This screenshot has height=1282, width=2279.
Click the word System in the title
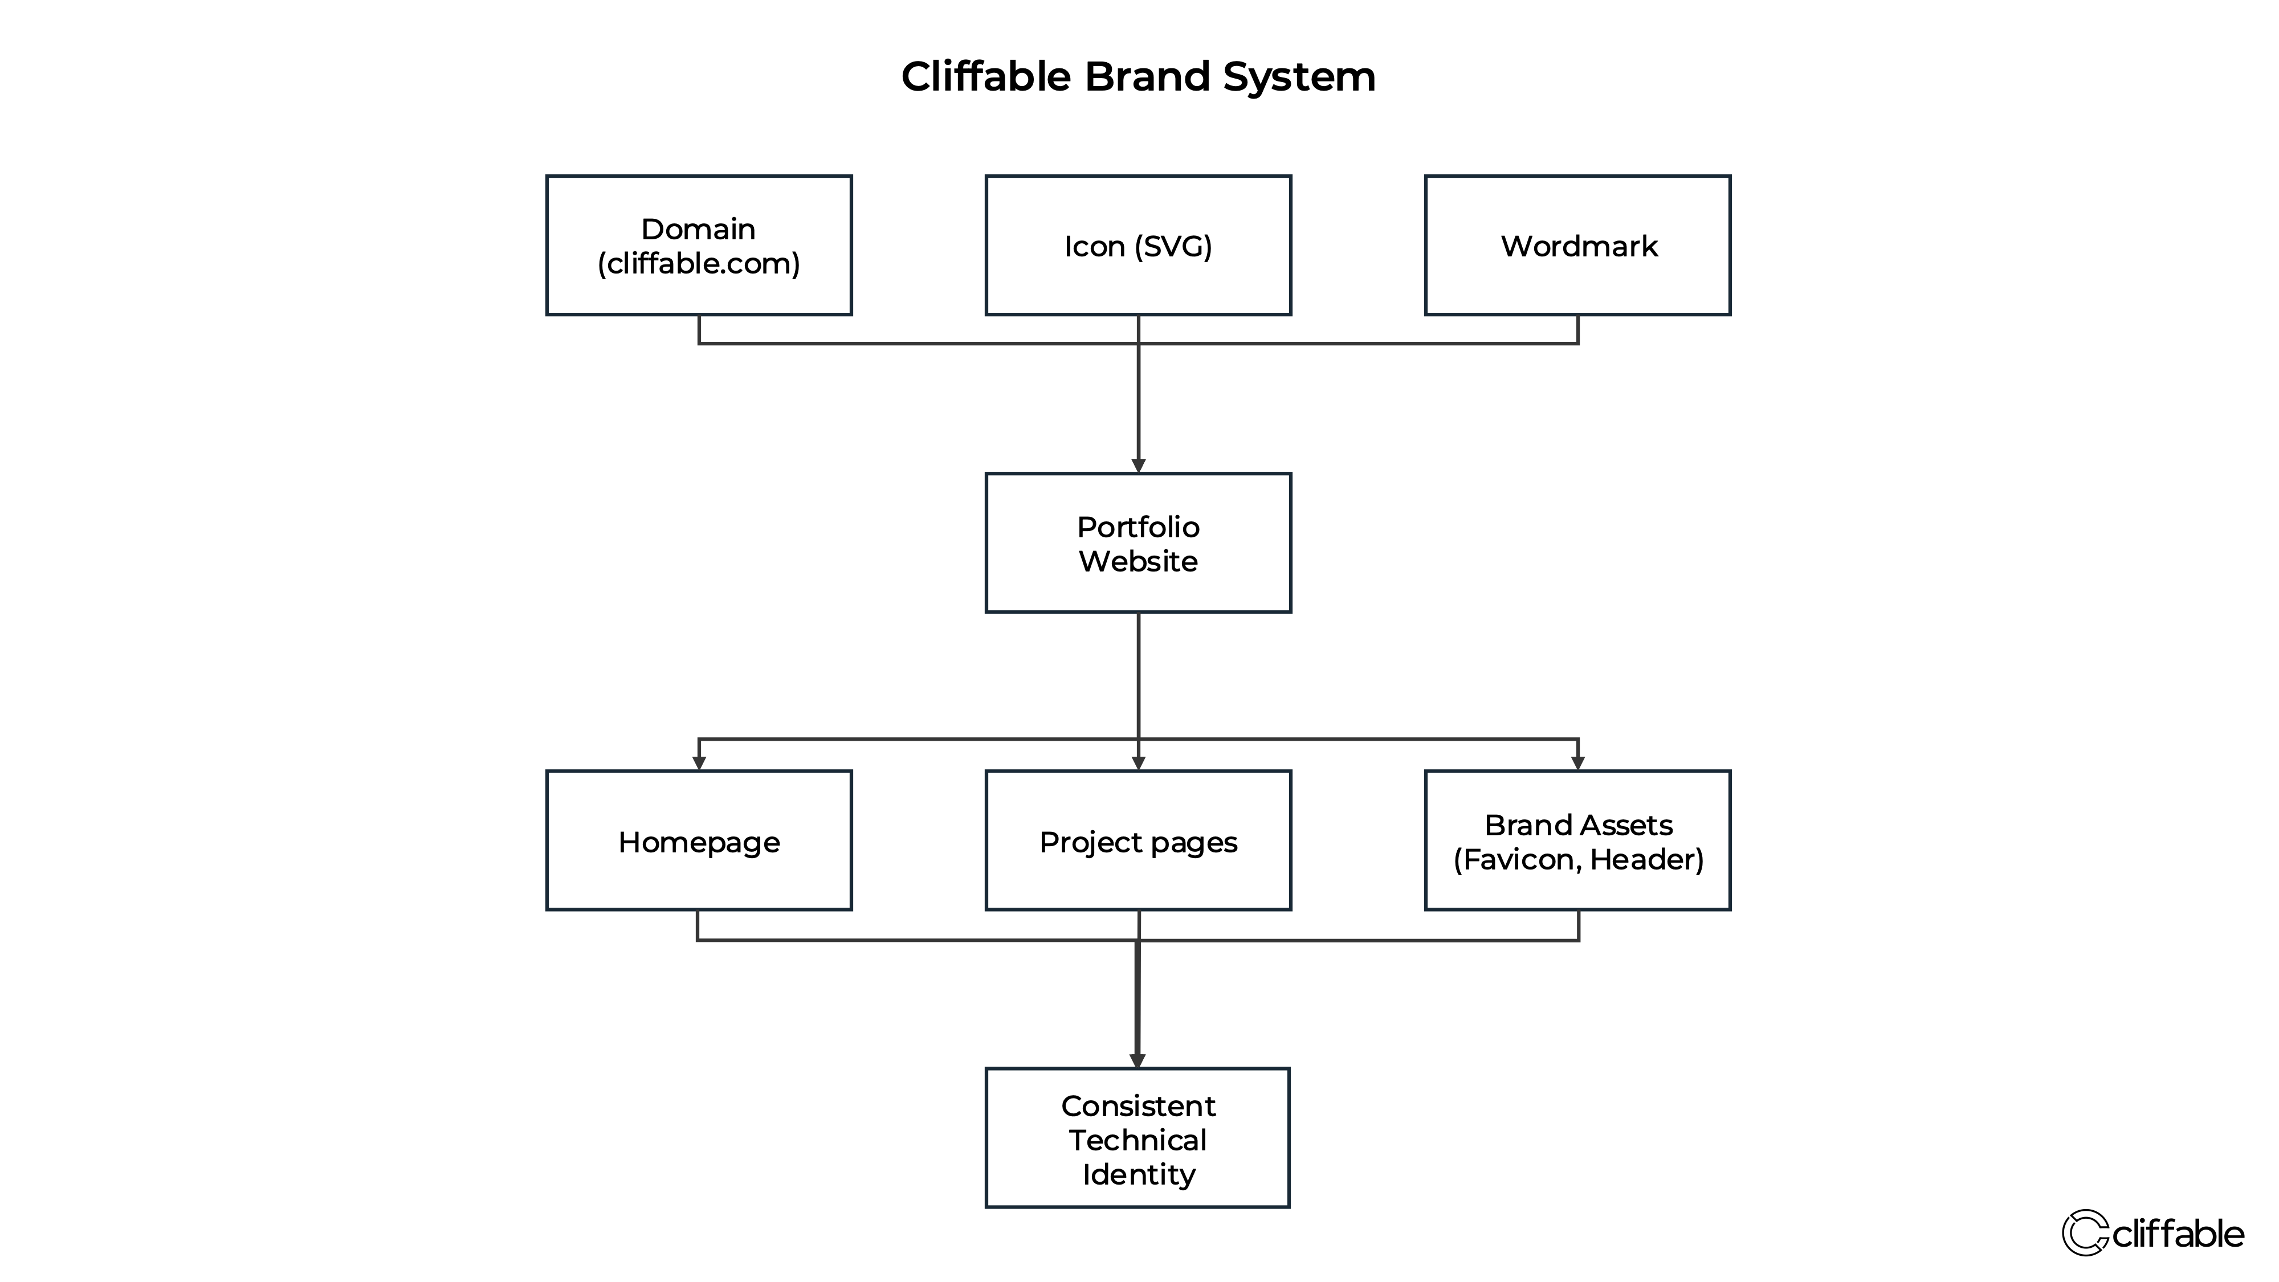pos(1299,77)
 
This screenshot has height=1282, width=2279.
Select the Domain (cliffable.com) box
pos(699,245)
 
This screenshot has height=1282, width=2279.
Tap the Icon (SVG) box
pos(1138,245)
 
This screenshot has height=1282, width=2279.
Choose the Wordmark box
pos(1577,245)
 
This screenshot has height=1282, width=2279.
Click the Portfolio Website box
pos(1138,542)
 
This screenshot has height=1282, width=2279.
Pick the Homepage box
pos(699,840)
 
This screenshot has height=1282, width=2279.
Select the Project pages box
pos(1138,840)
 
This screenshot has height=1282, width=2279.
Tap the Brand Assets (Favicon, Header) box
pos(1577,840)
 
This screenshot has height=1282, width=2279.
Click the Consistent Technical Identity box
pos(1138,1138)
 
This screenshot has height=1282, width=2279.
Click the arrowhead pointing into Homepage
pos(699,763)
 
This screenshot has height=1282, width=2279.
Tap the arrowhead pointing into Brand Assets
pos(1577,763)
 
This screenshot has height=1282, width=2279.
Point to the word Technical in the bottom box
pos(1138,1141)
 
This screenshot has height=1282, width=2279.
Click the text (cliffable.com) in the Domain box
pos(699,264)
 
